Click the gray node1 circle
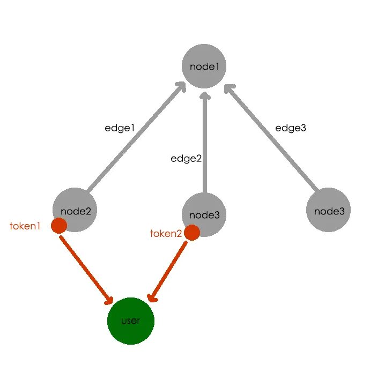pos(204,66)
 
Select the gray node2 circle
pos(75,210)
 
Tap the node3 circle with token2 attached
pos(204,214)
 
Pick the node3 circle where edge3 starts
pos(328,210)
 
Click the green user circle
pos(131,321)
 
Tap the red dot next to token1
pos(59,226)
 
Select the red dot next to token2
pos(192,233)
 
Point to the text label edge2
pos(186,158)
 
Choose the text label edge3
pos(291,128)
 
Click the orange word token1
pos(25,226)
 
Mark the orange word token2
pos(166,233)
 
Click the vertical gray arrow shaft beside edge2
pos(204,145)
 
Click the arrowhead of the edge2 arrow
pos(204,95)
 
